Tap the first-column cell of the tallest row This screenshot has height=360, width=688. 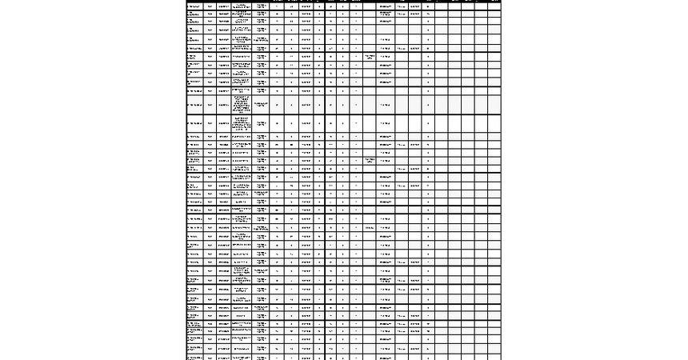[194, 105]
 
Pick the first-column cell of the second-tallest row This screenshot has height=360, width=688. [194, 124]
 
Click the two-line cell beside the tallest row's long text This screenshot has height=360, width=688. [262, 105]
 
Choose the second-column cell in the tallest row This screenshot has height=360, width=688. [210, 105]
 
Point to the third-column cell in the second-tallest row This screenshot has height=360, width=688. [223, 124]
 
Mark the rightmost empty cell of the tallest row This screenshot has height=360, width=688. [494, 105]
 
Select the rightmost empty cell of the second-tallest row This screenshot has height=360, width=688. [494, 124]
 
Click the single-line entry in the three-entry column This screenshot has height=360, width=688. [369, 228]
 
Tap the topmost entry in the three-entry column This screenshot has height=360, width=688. [369, 57]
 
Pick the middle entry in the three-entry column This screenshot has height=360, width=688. [369, 160]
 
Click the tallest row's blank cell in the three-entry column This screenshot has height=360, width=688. [369, 105]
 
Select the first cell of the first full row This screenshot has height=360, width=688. [194, 6]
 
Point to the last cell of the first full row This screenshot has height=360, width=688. [494, 6]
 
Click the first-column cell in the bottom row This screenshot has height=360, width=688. [194, 357]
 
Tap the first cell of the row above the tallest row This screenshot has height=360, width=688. [194, 90]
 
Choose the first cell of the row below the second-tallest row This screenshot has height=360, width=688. [194, 137]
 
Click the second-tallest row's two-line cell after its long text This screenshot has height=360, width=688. [262, 124]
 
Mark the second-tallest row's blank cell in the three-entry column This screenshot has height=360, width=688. [369, 124]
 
